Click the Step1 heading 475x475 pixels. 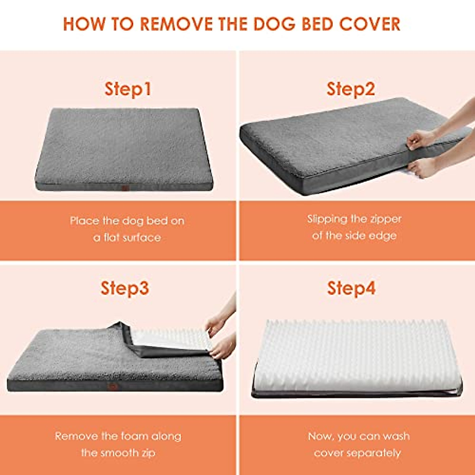127,89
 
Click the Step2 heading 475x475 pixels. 351,89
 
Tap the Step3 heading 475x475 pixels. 125,288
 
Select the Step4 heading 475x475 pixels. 351,288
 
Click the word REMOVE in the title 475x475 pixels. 177,24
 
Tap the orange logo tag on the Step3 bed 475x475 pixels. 113,387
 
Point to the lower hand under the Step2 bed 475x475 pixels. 422,168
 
